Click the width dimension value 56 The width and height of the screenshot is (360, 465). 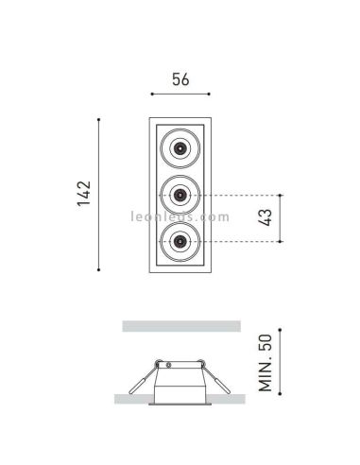(180, 79)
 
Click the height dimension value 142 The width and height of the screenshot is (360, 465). (84, 194)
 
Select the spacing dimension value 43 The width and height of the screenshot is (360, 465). (265, 217)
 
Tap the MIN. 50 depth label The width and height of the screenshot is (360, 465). (266, 362)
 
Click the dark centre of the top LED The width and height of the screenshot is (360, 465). (180, 147)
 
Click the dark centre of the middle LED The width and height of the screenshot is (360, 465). (180, 195)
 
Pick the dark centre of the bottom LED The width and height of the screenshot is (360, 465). (180, 241)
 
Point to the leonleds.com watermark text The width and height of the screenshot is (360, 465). (180, 216)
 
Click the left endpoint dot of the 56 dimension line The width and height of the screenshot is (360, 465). (152, 94)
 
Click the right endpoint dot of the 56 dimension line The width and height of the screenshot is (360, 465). (209, 94)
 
